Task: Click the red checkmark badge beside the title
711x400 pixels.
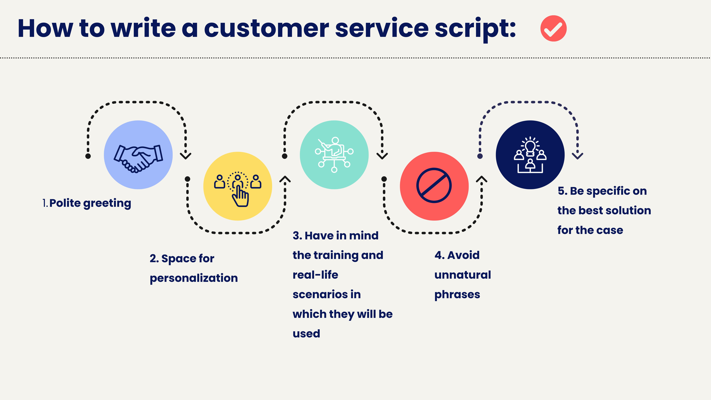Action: pos(553,28)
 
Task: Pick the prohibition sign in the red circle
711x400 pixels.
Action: pos(434,185)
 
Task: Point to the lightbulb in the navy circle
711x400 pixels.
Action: pos(530,147)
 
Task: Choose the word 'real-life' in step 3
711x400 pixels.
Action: pos(315,275)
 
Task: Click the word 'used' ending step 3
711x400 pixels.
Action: pos(306,334)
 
